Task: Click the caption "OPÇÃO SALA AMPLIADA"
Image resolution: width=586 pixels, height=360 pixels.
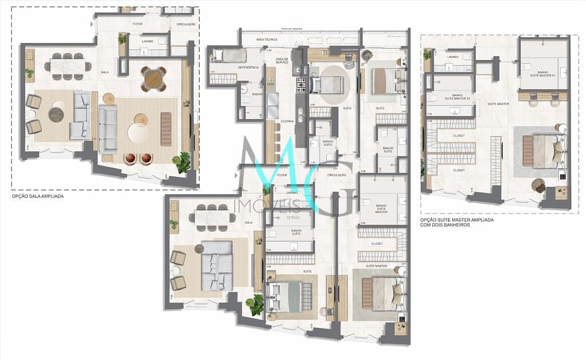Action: pyautogui.click(x=38, y=196)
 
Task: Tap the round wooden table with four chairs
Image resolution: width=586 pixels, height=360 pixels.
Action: pyautogui.click(x=153, y=79)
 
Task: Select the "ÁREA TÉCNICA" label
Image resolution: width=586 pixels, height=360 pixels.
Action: pyautogui.click(x=266, y=39)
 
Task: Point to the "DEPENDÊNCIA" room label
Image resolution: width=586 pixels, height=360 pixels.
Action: pyautogui.click(x=248, y=68)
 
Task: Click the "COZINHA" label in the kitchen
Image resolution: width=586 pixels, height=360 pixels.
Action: pyautogui.click(x=287, y=122)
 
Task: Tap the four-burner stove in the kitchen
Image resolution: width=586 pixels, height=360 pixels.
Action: pyautogui.click(x=302, y=86)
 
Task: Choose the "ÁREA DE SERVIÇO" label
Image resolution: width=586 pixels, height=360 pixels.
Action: pyautogui.click(x=282, y=61)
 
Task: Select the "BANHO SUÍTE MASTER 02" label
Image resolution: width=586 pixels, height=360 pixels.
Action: pyautogui.click(x=449, y=97)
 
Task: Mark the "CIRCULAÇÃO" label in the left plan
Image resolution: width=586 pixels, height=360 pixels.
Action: pyautogui.click(x=185, y=24)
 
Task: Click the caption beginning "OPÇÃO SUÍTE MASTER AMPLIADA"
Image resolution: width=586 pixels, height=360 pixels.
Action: pyautogui.click(x=457, y=221)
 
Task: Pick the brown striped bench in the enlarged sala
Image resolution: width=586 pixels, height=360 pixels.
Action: pyautogui.click(x=166, y=129)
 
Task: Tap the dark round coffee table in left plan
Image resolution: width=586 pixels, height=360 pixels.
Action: pyautogui.click(x=56, y=114)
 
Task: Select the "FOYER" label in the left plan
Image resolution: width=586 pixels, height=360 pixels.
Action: pyautogui.click(x=138, y=24)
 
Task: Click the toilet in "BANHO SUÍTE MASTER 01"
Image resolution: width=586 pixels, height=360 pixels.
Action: pyautogui.click(x=526, y=66)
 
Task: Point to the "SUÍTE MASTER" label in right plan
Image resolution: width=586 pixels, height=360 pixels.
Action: pyautogui.click(x=498, y=104)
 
